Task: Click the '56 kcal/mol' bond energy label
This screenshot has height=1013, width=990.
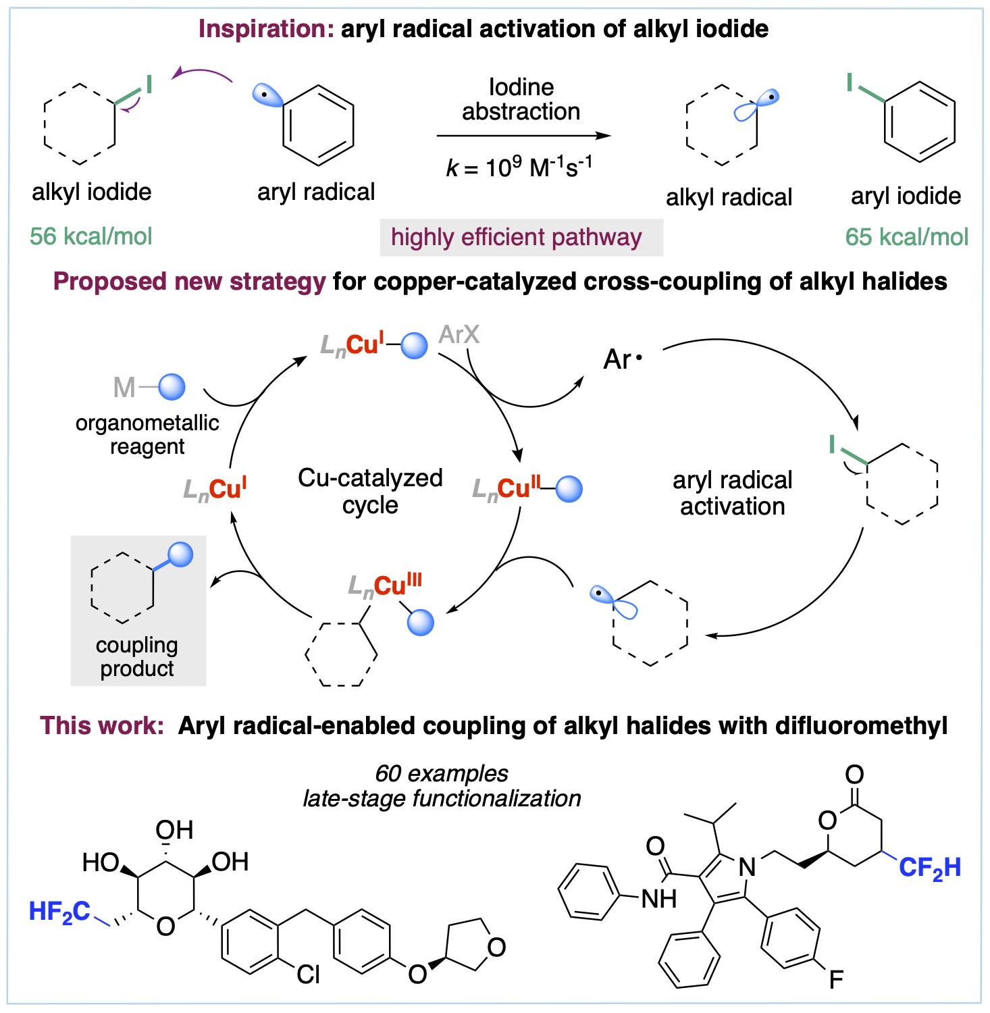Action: pos(91,236)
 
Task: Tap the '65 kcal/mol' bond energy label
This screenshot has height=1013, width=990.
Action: pos(907,237)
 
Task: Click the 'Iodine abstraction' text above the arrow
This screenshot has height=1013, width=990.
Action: pos(521,99)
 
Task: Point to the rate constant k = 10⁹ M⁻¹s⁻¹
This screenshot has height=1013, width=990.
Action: pos(521,166)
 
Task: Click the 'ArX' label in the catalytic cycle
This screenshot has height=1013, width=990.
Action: pos(459,334)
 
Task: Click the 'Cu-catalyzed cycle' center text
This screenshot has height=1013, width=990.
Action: pos(370,492)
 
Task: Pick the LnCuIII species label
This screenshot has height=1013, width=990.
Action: pos(385,585)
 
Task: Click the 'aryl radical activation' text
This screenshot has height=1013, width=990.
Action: pos(732,493)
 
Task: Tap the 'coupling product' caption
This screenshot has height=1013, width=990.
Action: pos(137,656)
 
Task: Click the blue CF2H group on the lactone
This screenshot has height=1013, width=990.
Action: pos(929,868)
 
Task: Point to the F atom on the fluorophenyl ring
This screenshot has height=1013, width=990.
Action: pos(835,979)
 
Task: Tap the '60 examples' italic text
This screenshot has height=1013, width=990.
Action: pos(442,773)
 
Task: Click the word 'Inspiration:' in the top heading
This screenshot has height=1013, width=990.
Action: pos(266,29)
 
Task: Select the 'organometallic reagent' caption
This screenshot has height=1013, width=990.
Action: pos(147,434)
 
